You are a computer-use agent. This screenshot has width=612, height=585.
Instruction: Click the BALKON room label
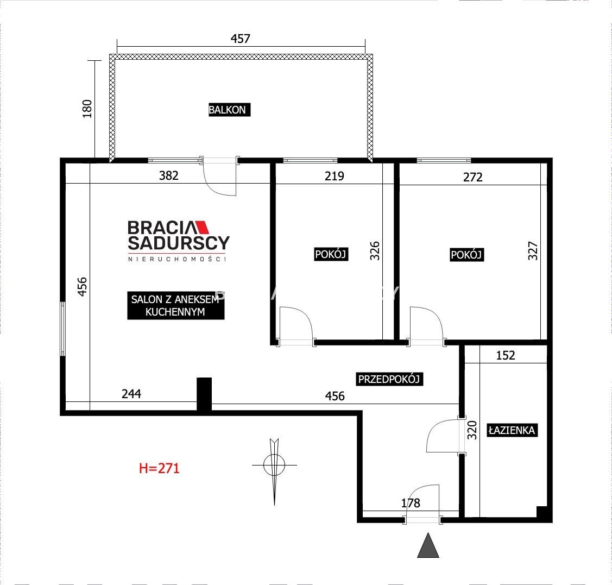click(x=229, y=110)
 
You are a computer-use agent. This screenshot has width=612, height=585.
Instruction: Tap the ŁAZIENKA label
click(x=512, y=430)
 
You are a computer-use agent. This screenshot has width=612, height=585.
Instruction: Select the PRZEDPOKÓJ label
click(x=389, y=379)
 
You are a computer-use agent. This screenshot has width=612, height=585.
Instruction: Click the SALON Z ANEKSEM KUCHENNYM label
click(x=175, y=305)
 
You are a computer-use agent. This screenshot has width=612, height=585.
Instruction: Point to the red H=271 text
click(x=159, y=468)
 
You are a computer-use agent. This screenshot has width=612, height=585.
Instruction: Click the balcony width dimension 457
click(x=240, y=38)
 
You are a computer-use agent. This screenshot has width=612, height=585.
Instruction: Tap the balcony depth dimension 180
click(x=87, y=109)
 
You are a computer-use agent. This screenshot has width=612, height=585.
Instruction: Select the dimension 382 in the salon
click(x=168, y=175)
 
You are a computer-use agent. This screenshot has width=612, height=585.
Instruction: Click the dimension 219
click(x=335, y=176)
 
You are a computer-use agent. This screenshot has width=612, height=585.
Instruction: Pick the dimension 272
click(x=472, y=177)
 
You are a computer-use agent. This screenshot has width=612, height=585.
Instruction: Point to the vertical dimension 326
click(x=374, y=251)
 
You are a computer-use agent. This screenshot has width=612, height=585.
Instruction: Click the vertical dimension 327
click(x=533, y=251)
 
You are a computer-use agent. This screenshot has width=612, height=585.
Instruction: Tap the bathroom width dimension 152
click(x=506, y=355)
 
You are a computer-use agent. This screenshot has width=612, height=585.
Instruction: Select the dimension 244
click(x=131, y=394)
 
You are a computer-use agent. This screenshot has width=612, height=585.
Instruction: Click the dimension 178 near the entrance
click(x=411, y=503)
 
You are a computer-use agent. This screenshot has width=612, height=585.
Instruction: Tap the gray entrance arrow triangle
click(x=428, y=545)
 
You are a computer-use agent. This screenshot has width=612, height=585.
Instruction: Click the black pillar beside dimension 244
click(x=204, y=394)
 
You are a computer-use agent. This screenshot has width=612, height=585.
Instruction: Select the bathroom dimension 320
click(x=472, y=430)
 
